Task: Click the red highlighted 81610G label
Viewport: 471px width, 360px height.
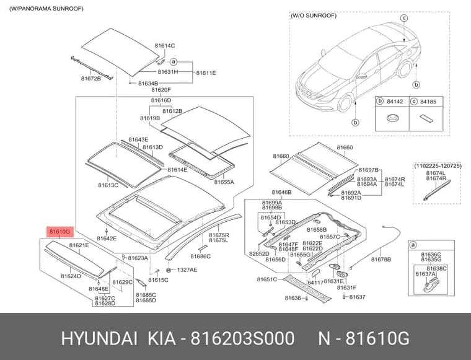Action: click(x=59, y=232)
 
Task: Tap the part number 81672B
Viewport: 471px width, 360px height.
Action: click(x=90, y=79)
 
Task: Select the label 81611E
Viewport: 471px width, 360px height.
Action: click(x=206, y=73)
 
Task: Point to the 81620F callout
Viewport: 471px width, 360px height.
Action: click(x=161, y=90)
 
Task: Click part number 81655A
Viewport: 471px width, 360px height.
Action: click(x=224, y=182)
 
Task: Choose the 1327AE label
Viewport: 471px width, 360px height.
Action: click(x=187, y=270)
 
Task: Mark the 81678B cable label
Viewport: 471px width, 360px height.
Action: click(x=381, y=260)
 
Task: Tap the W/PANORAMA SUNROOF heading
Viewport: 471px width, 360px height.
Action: click(x=46, y=9)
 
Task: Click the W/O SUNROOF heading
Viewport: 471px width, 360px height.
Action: click(x=314, y=15)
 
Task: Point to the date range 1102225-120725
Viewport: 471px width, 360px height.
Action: click(x=438, y=165)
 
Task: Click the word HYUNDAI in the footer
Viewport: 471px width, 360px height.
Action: click(x=99, y=339)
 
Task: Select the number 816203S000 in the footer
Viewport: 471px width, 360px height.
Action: click(x=242, y=339)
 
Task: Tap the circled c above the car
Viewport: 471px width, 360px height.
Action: click(x=404, y=18)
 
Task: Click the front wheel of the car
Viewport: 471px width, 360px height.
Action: click(x=345, y=103)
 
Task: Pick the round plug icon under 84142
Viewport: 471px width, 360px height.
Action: click(x=392, y=118)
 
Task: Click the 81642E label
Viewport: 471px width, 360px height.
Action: click(x=107, y=239)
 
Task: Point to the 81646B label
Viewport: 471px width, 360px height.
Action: click(x=281, y=192)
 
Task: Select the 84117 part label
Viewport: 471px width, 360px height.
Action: click(x=315, y=282)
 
